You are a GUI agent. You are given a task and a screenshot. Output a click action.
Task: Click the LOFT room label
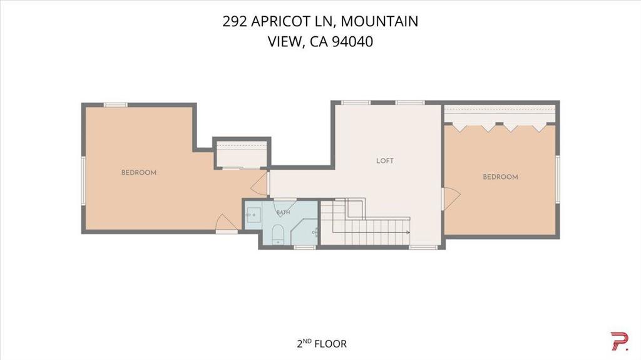(x=385, y=161)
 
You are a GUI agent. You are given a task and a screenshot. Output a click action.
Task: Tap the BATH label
(x=284, y=212)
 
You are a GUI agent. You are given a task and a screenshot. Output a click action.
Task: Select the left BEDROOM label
(x=139, y=173)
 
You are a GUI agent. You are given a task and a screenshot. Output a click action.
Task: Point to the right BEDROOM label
(x=500, y=177)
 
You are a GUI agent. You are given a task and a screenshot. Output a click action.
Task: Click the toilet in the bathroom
(x=278, y=234)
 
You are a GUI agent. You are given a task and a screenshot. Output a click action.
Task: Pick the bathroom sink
(x=253, y=214)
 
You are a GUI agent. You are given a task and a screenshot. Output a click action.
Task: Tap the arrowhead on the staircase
(x=408, y=232)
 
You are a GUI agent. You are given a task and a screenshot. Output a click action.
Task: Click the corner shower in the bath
(x=305, y=232)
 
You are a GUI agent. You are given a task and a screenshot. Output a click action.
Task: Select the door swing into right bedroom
(x=452, y=198)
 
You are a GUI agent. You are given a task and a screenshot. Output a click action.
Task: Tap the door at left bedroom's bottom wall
(x=226, y=222)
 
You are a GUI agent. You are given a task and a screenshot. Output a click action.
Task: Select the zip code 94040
(x=352, y=42)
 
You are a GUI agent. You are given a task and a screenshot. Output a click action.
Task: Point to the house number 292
(x=235, y=21)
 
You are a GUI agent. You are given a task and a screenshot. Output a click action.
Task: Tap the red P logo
(x=619, y=341)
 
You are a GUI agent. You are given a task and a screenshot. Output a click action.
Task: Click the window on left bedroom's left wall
(x=83, y=180)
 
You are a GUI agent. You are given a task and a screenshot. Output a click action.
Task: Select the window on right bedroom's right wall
(x=557, y=179)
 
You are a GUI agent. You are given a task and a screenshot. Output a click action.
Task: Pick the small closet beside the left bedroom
(x=242, y=154)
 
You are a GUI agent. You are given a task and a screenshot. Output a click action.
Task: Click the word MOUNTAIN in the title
(x=379, y=21)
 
